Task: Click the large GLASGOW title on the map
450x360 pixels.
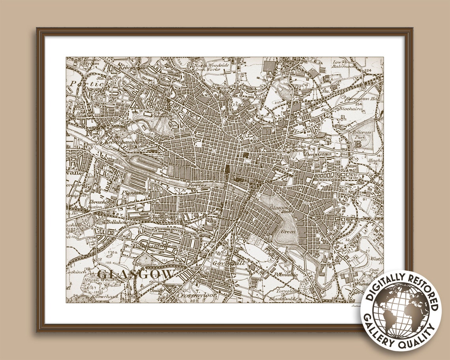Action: pos(135,274)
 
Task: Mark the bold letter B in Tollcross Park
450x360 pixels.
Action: pos(358,144)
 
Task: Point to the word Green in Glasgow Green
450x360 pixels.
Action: pos(288,232)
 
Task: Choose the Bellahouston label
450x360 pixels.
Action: pos(121,222)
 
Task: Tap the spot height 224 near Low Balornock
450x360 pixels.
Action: pos(368,71)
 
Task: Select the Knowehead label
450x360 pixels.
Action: pos(100,296)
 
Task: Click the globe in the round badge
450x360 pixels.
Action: pos(401,311)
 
